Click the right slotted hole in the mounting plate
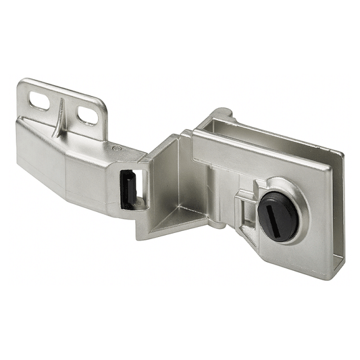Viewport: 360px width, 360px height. [x=87, y=115]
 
